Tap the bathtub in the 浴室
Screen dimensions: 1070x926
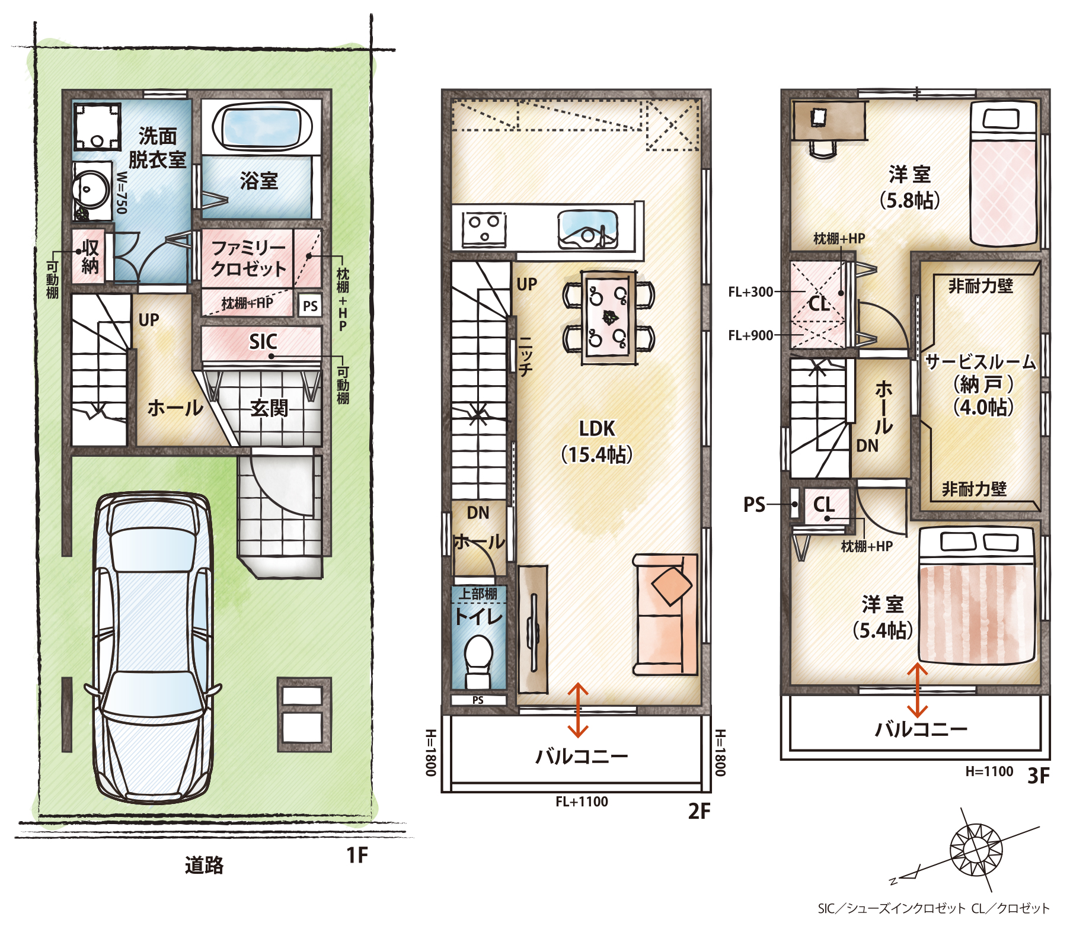263,127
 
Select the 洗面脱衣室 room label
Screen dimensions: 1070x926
158,148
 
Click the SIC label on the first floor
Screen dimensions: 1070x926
263,341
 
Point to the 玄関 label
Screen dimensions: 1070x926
269,408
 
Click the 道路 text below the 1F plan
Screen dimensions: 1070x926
204,865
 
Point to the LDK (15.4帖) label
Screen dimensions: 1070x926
597,441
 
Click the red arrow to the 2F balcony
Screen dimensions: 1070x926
578,710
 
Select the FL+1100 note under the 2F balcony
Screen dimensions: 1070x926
582,802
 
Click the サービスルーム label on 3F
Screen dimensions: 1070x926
980,361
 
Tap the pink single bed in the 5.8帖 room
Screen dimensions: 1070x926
1003,174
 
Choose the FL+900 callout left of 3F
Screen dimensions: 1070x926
750,335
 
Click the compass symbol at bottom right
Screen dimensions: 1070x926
975,850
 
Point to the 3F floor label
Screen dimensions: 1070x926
1039,776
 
